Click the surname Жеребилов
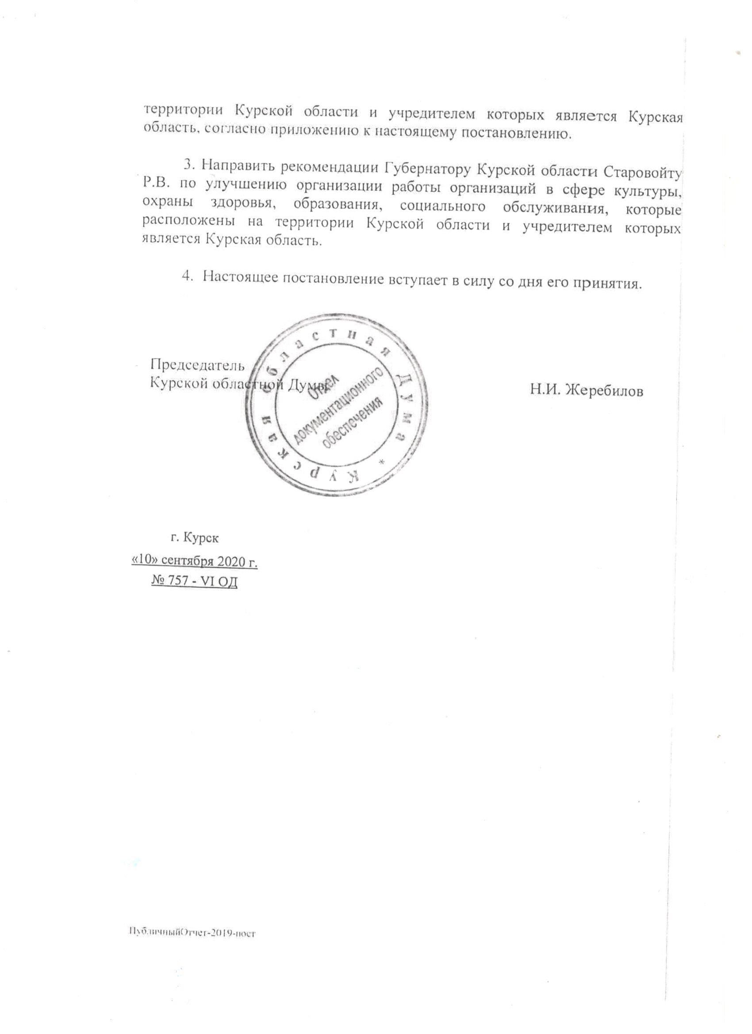pyautogui.click(x=604, y=391)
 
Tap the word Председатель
pyautogui.click(x=197, y=365)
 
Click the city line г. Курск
pyautogui.click(x=195, y=538)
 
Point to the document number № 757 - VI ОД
pyautogui.click(x=194, y=582)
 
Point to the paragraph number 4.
pyautogui.click(x=186, y=277)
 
